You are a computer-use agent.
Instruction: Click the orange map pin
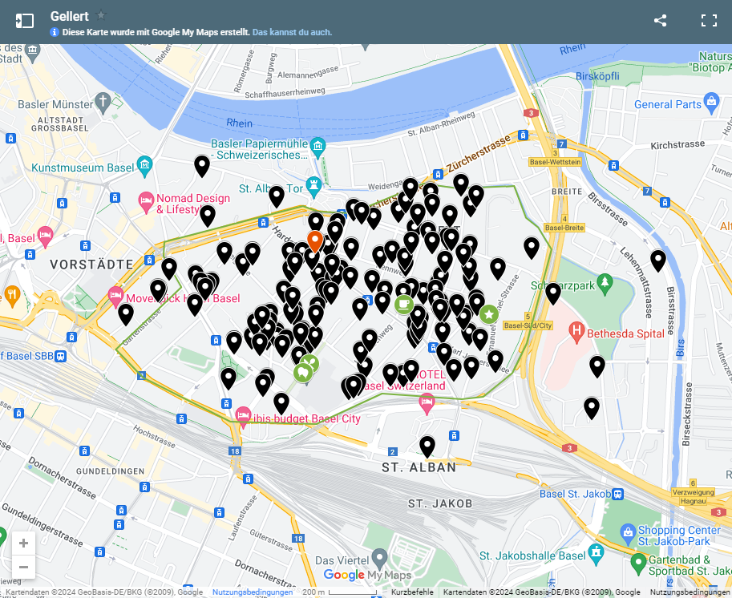point(314,240)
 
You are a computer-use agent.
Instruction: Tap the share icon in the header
point(660,21)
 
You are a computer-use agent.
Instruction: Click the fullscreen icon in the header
point(709,21)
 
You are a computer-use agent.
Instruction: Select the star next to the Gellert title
point(101,15)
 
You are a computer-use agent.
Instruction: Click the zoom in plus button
point(23,543)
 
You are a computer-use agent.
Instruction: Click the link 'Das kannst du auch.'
point(292,32)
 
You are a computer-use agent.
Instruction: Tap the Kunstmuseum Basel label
point(82,168)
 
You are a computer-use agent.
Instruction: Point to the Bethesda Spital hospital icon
point(576,330)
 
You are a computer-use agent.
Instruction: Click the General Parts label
point(667,104)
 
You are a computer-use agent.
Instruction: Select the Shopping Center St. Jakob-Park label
point(679,535)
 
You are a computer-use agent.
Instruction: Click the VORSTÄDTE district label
point(91,264)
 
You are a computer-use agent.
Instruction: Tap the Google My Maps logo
point(367,575)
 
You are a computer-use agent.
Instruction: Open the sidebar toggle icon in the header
point(25,21)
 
